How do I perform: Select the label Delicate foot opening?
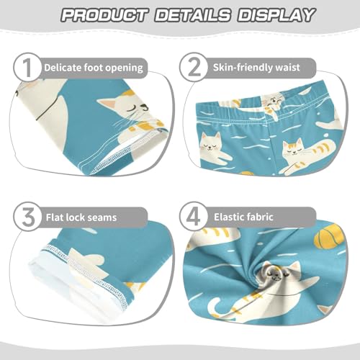[94, 69]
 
